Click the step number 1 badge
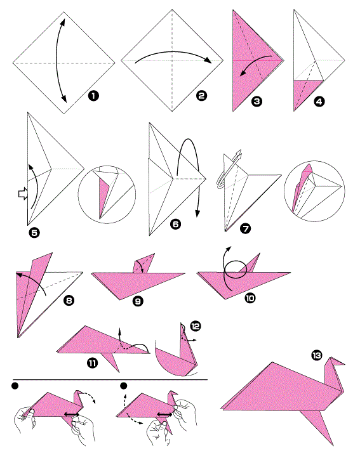(x=93, y=96)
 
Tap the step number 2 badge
(x=201, y=96)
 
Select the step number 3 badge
(x=257, y=101)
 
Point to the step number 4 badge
(x=319, y=101)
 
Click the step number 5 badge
(x=34, y=233)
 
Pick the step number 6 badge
(x=175, y=224)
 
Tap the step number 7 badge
(x=245, y=228)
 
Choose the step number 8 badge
(x=69, y=301)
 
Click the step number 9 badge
(x=138, y=301)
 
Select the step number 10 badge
(x=250, y=298)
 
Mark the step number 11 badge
(x=92, y=363)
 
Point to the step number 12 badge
(x=196, y=325)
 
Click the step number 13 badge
(x=317, y=355)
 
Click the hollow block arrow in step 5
(x=23, y=193)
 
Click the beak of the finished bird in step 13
(x=341, y=363)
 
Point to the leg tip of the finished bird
(x=332, y=444)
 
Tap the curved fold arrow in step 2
(x=173, y=53)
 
